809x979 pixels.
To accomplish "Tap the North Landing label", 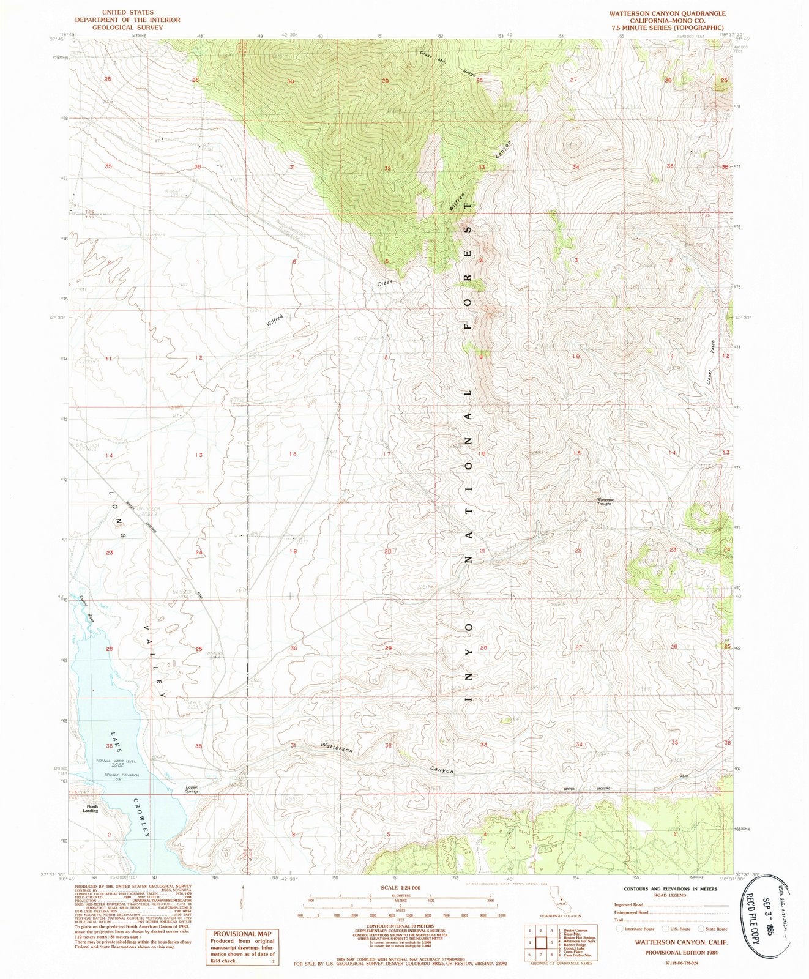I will (x=91, y=808).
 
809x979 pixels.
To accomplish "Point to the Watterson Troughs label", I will (x=605, y=501).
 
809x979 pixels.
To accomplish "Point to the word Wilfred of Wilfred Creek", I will (x=275, y=319).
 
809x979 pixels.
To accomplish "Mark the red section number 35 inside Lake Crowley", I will (x=110, y=746).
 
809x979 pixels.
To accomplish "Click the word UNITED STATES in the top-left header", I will (x=128, y=12).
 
